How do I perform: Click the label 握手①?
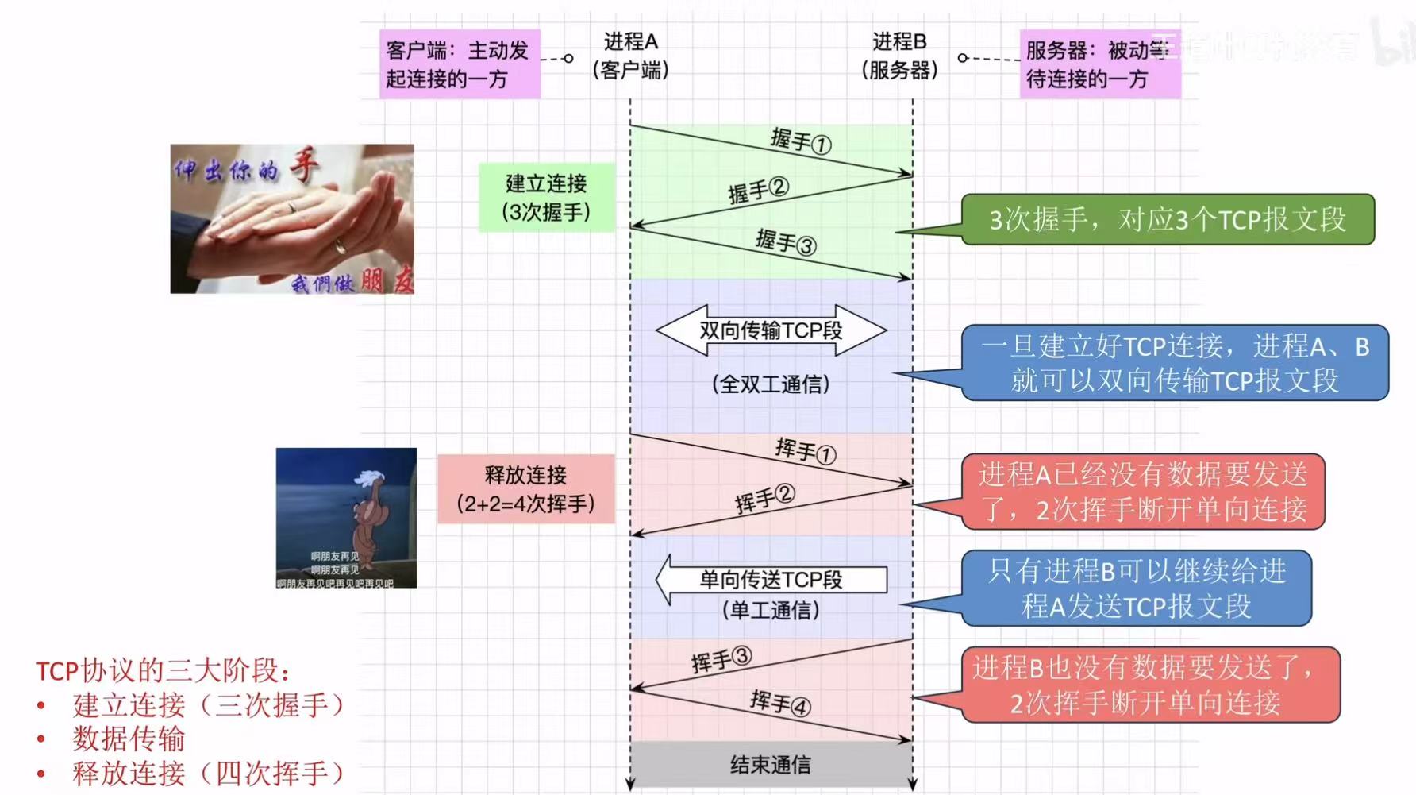tap(800, 141)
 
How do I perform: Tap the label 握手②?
tap(758, 191)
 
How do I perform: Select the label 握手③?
tap(785, 241)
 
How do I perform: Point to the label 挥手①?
tap(805, 450)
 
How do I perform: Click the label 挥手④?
tap(779, 703)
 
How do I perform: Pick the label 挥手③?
tap(721, 659)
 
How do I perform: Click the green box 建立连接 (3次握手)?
tap(546, 198)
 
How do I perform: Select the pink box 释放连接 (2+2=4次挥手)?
tap(525, 489)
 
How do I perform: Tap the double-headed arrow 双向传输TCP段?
tap(771, 330)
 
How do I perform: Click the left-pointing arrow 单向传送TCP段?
tap(771, 580)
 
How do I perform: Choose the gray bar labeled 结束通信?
tap(771, 764)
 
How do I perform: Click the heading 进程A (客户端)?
tap(630, 56)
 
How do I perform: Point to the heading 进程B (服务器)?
tap(899, 56)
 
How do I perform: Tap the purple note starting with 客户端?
tap(459, 64)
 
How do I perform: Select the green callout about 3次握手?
tap(1167, 219)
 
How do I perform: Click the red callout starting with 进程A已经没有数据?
tap(1142, 492)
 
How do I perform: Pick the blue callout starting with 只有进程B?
tap(1136, 589)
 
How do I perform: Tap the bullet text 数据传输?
tap(129, 739)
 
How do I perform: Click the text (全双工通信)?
tap(771, 384)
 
